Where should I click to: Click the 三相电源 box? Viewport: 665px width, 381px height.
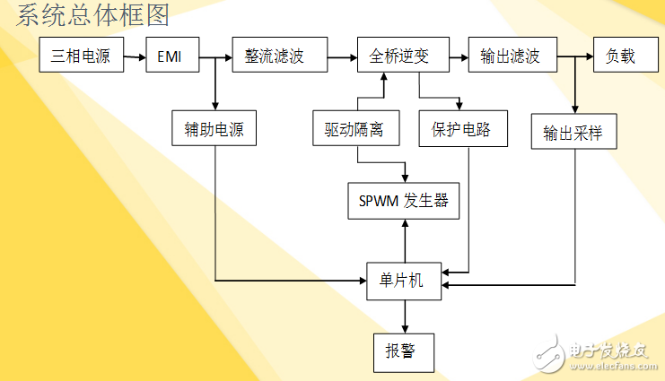pos(80,56)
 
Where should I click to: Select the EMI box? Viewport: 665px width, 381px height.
pos(169,56)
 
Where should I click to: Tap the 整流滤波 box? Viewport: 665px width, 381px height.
pos(274,56)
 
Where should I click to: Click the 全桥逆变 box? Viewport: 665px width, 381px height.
pos(399,56)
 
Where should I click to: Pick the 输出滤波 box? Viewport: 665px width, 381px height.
pos(510,56)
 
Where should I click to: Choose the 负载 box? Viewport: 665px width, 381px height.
pos(620,56)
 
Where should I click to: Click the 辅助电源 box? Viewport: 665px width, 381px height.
pos(214,129)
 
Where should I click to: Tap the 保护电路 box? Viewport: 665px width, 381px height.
pos(462,129)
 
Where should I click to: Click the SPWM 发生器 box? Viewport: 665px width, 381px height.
pos(404,201)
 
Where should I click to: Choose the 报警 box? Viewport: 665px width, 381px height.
pos(403,351)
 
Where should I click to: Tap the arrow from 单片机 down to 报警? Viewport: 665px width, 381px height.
pos(404,316)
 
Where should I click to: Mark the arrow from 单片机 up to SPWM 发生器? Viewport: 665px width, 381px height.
pos(404,242)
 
